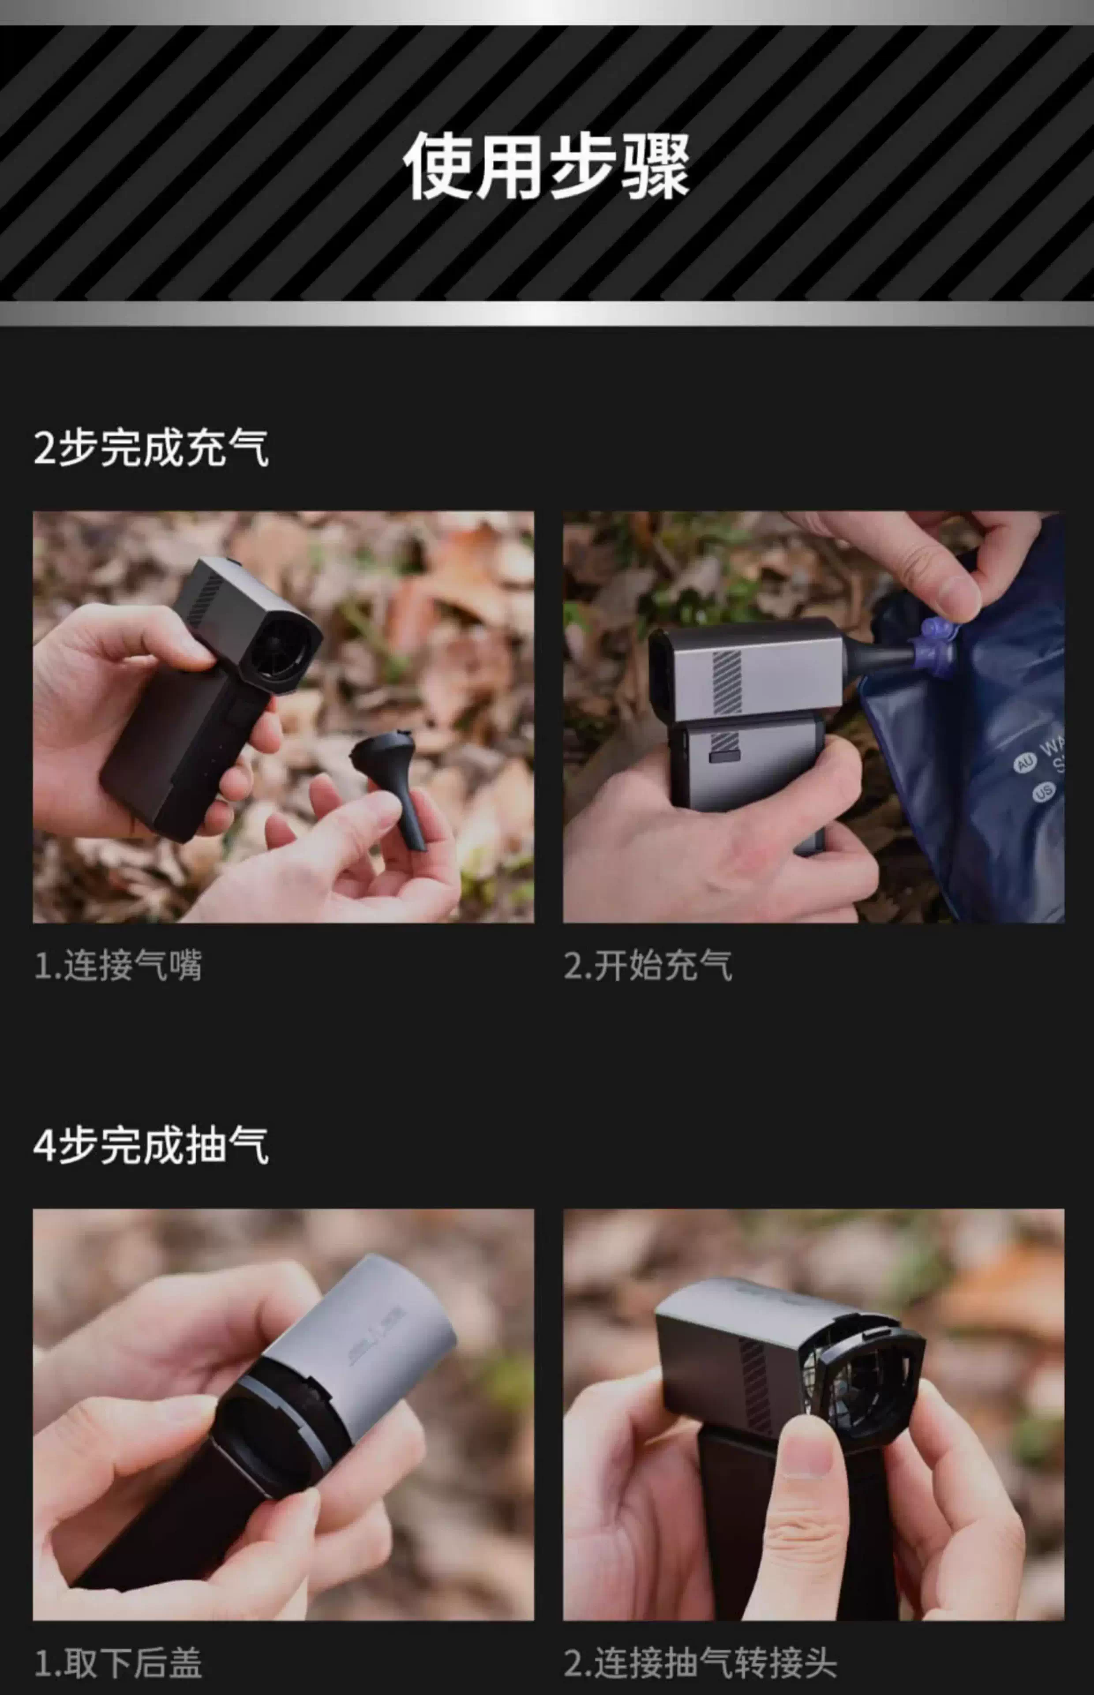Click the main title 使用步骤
pos(546,166)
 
